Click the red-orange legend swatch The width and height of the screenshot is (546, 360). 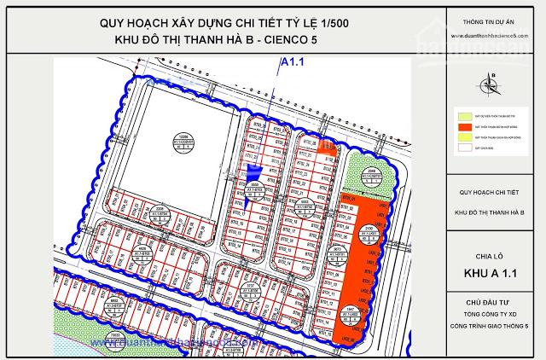pos(463,125)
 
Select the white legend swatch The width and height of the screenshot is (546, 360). pos(463,147)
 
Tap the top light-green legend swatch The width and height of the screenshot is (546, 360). pos(463,114)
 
